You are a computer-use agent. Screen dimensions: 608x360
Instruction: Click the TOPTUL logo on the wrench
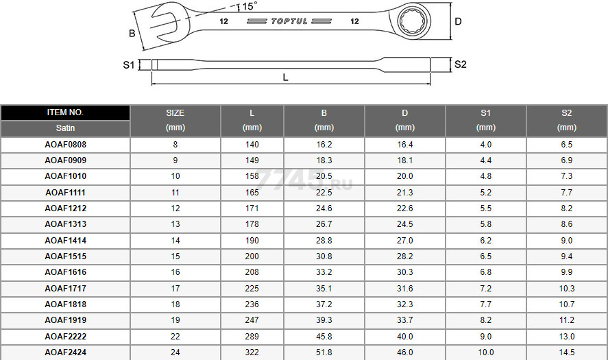289,21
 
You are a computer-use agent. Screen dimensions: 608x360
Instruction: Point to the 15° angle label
250,6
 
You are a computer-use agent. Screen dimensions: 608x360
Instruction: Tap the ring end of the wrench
414,21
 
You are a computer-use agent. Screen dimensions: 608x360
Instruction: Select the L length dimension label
285,77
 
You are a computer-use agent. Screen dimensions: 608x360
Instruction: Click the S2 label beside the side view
460,64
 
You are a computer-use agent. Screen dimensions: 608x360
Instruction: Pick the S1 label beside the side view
129,64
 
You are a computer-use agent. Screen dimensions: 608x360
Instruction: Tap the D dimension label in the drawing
458,21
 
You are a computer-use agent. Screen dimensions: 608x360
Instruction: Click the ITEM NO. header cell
65,112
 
